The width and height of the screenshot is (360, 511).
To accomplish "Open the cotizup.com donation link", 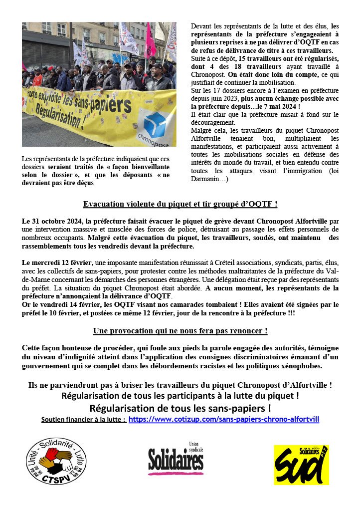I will (x=224, y=419).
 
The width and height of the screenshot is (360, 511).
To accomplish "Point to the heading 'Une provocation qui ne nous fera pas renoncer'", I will (x=180, y=331).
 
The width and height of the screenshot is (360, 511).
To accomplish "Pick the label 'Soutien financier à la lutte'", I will (x=83, y=420).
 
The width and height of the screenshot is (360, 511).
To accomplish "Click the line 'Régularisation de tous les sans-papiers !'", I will (x=180, y=408).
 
